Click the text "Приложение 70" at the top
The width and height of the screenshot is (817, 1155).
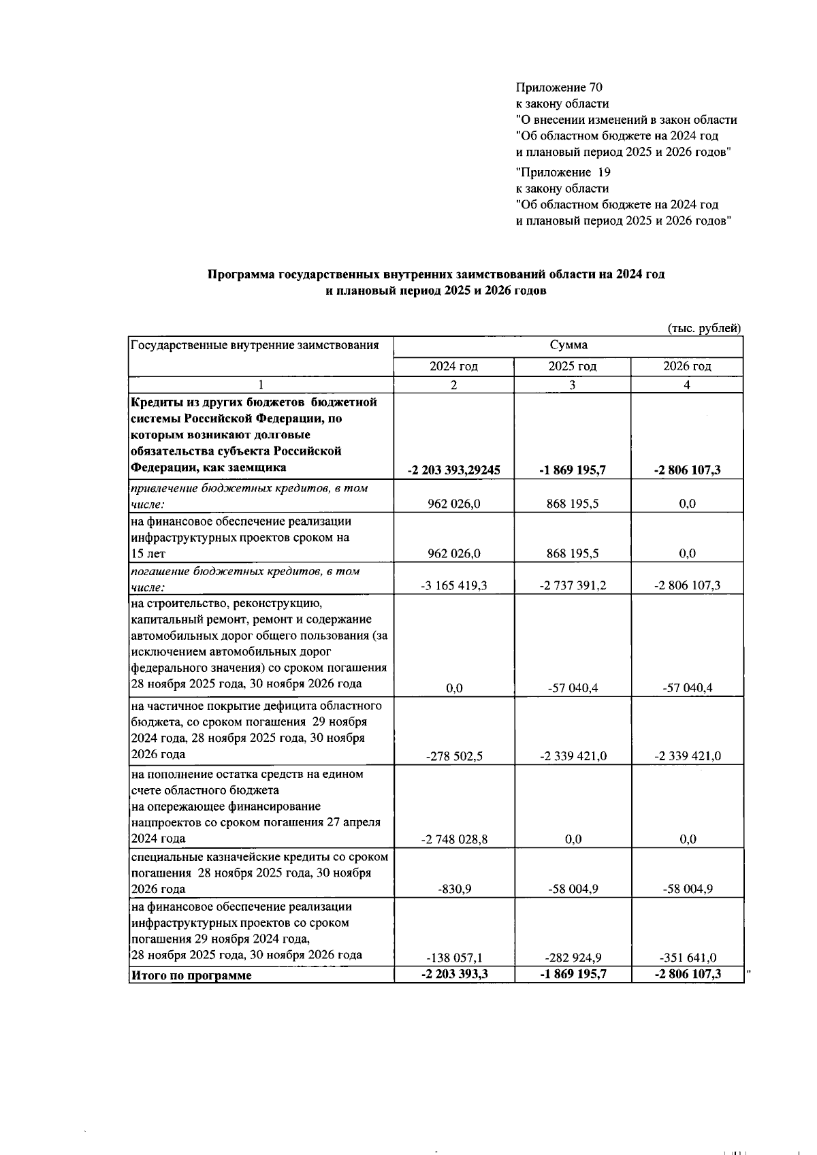(559, 88)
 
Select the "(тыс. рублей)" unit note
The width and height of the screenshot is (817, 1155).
(703, 329)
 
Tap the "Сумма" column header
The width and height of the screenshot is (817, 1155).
(568, 345)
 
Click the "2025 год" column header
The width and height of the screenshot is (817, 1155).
(572, 367)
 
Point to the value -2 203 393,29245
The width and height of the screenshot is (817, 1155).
(453, 470)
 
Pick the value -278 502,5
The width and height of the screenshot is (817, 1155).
(453, 756)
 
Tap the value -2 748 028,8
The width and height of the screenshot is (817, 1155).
(453, 840)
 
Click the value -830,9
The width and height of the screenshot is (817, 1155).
(455, 890)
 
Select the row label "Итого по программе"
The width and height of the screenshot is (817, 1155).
(191, 975)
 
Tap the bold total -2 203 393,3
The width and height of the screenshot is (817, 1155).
(453, 974)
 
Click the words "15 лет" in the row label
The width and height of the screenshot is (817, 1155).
(148, 554)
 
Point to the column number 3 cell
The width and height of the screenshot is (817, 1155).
(572, 385)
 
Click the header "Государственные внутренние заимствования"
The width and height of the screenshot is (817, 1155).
(255, 345)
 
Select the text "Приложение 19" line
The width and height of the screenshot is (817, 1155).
(563, 172)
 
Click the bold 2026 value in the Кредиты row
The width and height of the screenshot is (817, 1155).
(687, 470)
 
